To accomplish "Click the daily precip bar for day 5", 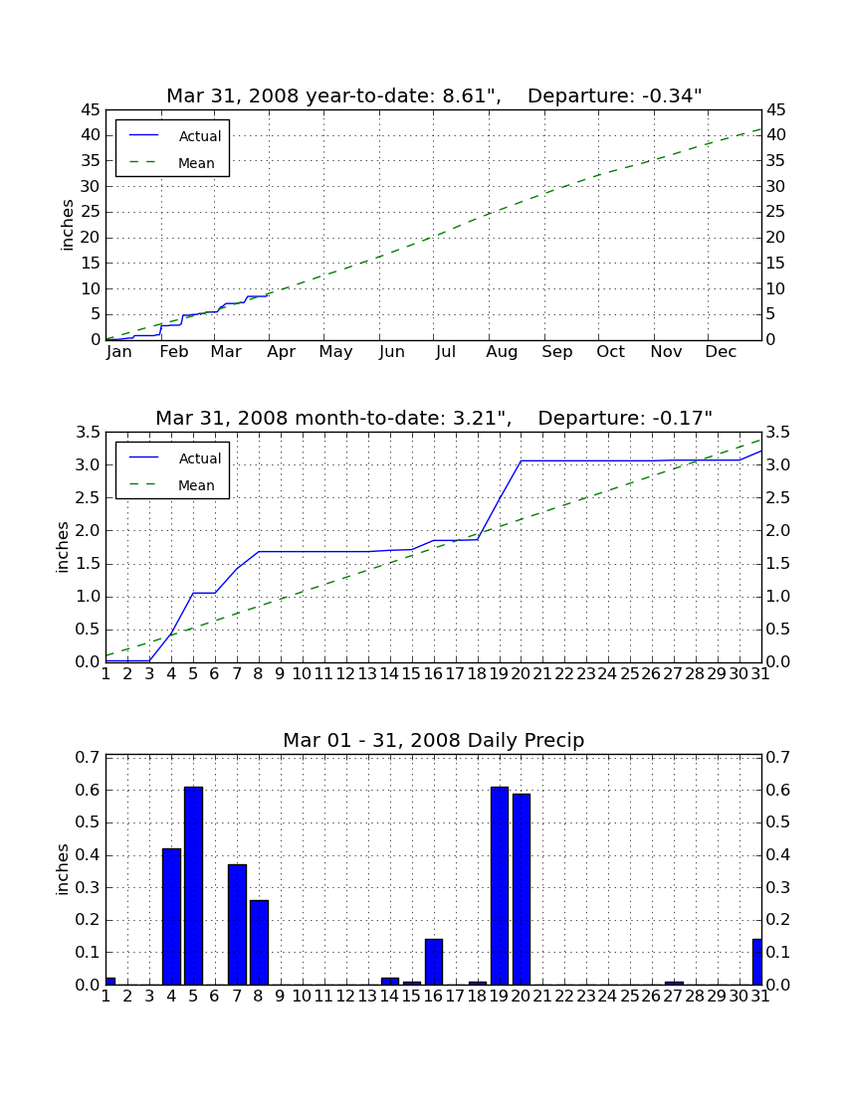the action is click(x=193, y=885).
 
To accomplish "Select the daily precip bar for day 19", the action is click(x=500, y=885).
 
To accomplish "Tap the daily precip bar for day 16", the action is click(x=434, y=962).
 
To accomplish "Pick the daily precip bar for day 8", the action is click(x=259, y=943).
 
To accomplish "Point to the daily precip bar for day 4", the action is click(x=172, y=917).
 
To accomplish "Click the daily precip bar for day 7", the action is click(x=237, y=925).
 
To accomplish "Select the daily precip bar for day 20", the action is click(x=522, y=889).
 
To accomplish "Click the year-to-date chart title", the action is click(x=434, y=95).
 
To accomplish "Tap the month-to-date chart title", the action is click(x=434, y=418).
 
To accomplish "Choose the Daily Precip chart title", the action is click(x=434, y=740).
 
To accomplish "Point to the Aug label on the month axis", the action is click(x=502, y=352).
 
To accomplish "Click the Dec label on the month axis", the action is click(x=721, y=352).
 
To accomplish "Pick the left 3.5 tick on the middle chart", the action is click(x=89, y=433).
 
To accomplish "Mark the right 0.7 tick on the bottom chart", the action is click(x=778, y=757).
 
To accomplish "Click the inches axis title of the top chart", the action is click(x=67, y=225).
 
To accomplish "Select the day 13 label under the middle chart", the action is click(x=368, y=674).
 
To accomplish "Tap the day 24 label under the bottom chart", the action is click(x=607, y=997).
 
